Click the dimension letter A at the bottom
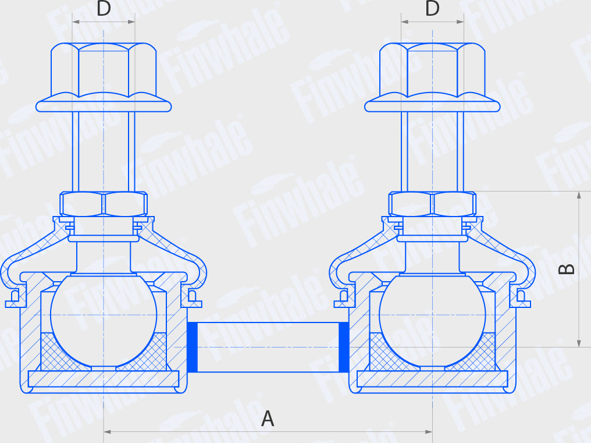268,419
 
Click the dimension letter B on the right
567,269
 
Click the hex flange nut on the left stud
104,77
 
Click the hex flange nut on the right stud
432,77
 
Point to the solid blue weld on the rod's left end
192,347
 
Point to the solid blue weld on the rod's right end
344,347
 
